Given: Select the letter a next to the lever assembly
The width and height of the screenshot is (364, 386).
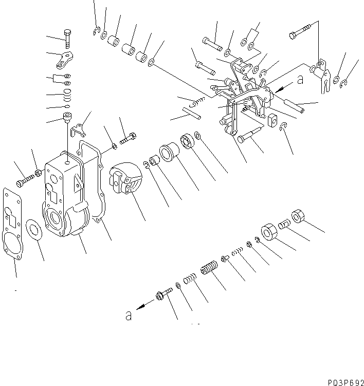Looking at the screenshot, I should pyautogui.click(x=300, y=80).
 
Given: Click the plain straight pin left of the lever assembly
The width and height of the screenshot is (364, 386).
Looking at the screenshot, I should pyautogui.click(x=191, y=111).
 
